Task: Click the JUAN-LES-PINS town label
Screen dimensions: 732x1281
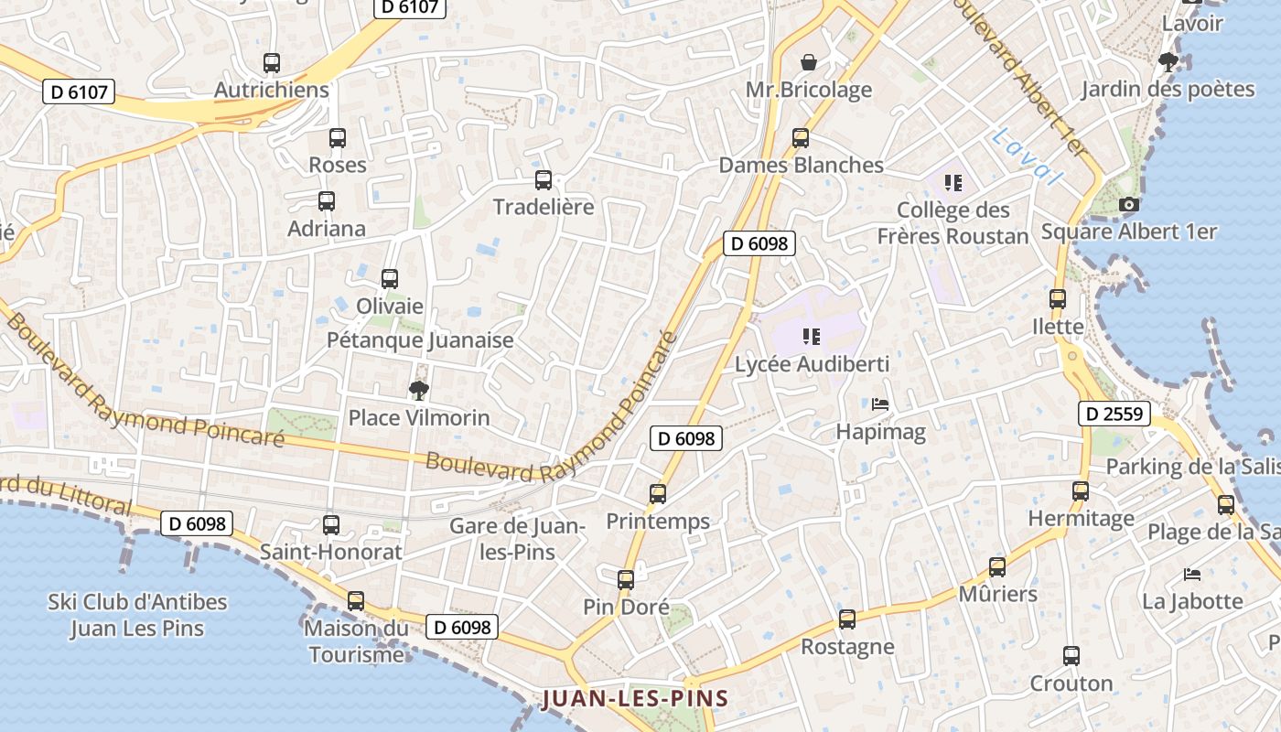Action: pos(636,699)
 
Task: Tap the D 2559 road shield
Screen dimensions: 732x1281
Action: pos(1114,414)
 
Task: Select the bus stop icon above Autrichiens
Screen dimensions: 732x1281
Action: pos(271,63)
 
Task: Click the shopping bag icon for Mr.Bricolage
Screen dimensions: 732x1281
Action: pos(809,62)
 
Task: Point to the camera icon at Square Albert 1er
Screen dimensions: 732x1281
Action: pos(1129,204)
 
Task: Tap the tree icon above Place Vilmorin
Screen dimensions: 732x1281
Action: pos(419,391)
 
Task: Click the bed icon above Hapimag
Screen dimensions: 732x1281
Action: pos(880,404)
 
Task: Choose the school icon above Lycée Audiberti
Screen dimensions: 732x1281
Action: pos(811,337)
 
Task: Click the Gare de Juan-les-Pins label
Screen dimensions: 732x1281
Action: pos(516,539)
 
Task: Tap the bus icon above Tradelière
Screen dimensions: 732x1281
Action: pos(544,179)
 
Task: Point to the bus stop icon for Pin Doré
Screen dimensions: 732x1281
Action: pos(626,579)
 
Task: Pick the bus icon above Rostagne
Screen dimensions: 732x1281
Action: pos(847,619)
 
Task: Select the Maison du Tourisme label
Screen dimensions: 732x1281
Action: pos(356,641)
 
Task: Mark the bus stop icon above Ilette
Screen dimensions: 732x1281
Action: pos(1058,298)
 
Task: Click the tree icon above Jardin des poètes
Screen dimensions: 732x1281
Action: pos(1168,62)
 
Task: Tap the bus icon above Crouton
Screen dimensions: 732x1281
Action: pos(1071,656)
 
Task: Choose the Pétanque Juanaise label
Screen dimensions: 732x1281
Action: pos(420,340)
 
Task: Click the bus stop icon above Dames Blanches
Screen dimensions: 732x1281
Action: pos(801,138)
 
